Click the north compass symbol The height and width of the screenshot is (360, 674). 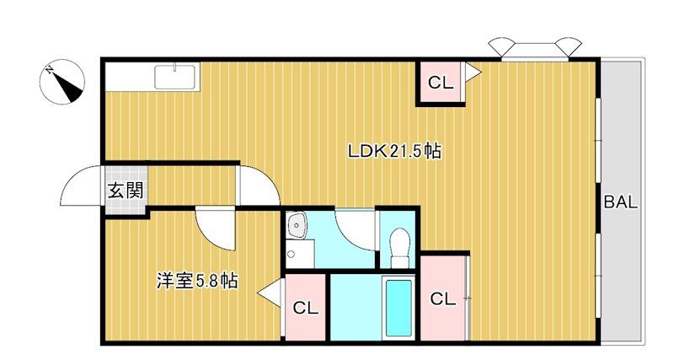(64, 82)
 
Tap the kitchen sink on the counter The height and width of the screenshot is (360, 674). (176, 77)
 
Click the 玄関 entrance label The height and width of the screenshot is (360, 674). (124, 191)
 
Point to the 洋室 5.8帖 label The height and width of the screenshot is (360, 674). (196, 282)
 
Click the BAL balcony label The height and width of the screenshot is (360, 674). (620, 202)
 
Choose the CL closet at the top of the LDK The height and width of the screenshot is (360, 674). (441, 83)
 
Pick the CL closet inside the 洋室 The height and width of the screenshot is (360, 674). (306, 309)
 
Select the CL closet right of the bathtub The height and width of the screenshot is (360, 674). (443, 298)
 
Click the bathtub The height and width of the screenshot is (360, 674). (398, 307)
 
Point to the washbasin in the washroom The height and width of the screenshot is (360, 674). (296, 226)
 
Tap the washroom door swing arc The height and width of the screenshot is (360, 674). (355, 226)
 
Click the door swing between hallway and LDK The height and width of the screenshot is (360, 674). (257, 185)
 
